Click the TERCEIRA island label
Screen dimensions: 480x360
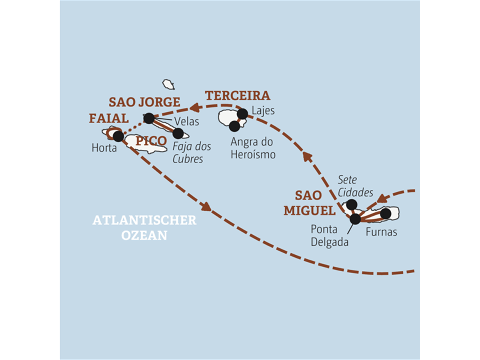[x=238, y=96]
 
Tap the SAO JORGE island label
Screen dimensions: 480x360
[x=144, y=102]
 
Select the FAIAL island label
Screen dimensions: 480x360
[x=109, y=118]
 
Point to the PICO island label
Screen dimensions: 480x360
[x=151, y=141]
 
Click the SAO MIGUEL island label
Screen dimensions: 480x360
[x=310, y=203]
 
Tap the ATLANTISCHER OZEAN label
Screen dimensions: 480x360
[x=144, y=228]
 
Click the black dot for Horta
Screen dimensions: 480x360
[x=118, y=136]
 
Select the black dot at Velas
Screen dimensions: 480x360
[x=149, y=118]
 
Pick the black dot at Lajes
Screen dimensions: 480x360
[x=242, y=114]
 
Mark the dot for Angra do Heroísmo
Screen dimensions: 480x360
[x=234, y=126]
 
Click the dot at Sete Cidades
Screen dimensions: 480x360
[x=352, y=205]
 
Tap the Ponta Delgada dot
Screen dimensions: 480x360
[x=355, y=219]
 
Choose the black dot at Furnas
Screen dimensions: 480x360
[x=386, y=214]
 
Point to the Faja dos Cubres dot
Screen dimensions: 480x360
[x=178, y=133]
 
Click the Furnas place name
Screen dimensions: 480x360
[x=381, y=232]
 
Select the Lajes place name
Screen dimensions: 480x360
[x=263, y=111]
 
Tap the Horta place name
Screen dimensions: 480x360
[x=104, y=148]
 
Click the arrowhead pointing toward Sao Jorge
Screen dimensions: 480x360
[x=195, y=108]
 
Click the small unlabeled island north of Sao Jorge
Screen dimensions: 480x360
[x=168, y=84]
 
